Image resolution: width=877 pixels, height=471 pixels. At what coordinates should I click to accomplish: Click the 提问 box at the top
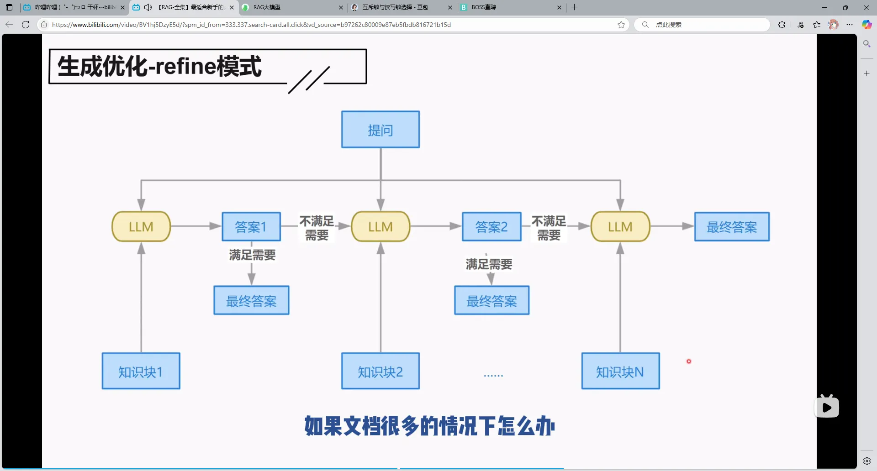(380, 130)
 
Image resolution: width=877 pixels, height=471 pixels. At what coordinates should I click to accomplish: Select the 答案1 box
(251, 227)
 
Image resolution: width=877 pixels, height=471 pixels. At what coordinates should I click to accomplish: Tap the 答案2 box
(491, 227)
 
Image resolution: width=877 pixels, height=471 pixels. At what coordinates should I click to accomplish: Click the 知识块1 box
(141, 371)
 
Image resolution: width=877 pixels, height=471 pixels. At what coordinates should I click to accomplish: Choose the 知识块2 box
(380, 371)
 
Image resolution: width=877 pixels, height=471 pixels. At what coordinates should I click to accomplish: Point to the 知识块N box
(620, 371)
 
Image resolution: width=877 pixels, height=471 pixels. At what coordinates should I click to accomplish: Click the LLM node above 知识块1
(141, 226)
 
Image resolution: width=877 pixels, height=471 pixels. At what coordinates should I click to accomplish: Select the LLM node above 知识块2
(380, 226)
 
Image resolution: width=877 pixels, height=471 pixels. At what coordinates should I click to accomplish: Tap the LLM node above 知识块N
(620, 226)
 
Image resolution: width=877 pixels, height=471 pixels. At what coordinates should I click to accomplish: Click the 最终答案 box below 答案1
(251, 300)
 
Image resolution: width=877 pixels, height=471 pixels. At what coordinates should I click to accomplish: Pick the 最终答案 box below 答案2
(491, 300)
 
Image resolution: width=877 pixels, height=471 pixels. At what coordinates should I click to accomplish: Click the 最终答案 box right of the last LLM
(732, 227)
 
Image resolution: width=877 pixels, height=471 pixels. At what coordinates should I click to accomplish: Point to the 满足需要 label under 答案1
(252, 255)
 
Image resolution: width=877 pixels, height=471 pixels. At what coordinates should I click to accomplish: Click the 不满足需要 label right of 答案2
(549, 228)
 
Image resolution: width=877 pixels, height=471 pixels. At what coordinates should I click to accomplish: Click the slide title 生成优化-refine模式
(159, 67)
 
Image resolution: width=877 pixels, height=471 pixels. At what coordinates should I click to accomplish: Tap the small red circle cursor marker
(689, 361)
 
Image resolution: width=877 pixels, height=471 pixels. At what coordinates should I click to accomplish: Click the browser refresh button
(26, 25)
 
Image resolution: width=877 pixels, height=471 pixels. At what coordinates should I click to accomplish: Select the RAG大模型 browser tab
(292, 7)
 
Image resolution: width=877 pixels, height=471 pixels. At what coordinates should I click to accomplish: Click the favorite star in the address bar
(621, 25)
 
